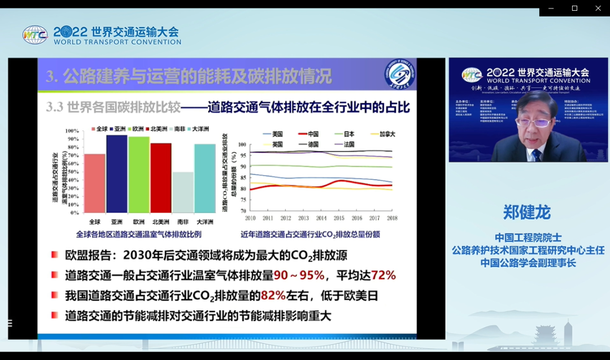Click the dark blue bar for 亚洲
(x=116, y=174)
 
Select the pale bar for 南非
(x=182, y=193)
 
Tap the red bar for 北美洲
(x=160, y=178)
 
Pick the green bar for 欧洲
(x=138, y=175)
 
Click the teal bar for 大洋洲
(x=204, y=179)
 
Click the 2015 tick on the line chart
(x=339, y=218)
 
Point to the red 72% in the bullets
(x=383, y=275)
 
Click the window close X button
(x=598, y=8)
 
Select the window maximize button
(x=574, y=8)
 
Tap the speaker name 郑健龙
(x=526, y=212)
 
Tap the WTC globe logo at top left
(x=35, y=35)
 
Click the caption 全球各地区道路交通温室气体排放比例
(x=138, y=234)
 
